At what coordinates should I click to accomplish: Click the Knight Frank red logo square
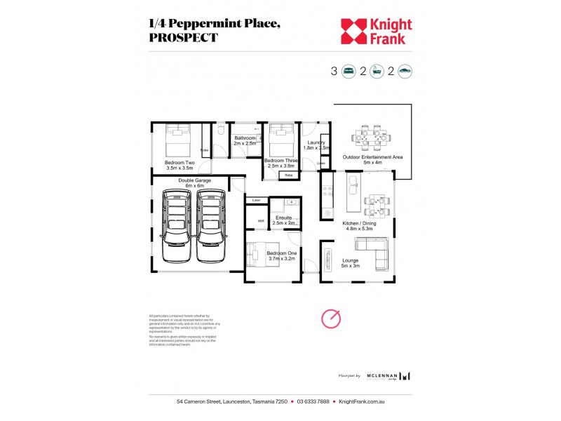click(353, 32)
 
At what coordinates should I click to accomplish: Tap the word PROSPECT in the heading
click(184, 38)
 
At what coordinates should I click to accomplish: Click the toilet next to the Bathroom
click(220, 130)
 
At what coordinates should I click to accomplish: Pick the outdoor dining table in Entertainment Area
click(370, 138)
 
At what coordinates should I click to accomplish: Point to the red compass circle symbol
click(331, 319)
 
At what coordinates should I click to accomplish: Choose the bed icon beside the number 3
click(348, 71)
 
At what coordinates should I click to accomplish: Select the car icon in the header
click(405, 71)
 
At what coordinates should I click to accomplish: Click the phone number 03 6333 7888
click(312, 402)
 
